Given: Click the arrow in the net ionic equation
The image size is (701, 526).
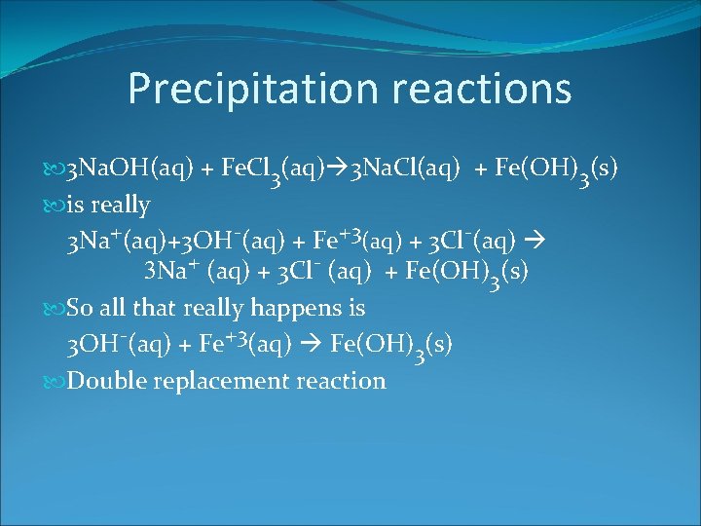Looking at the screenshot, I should click(314, 344).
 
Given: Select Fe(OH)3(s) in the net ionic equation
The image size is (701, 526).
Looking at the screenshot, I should click(393, 346).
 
